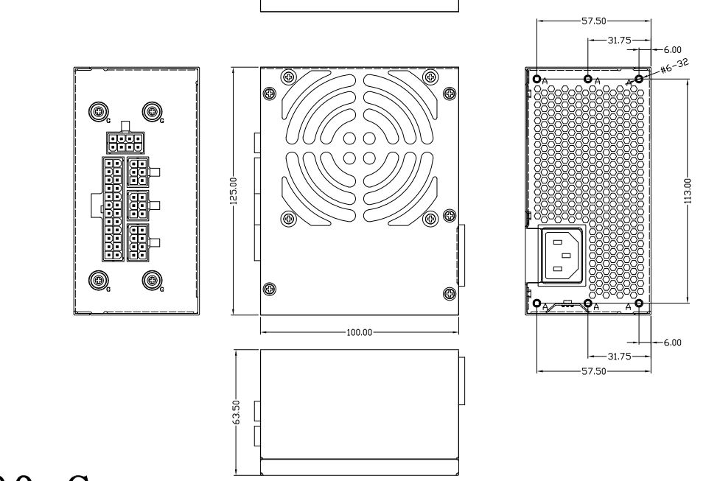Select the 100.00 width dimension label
(x=359, y=332)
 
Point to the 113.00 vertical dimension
(x=687, y=192)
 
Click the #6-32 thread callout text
(x=672, y=69)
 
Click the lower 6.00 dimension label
(x=672, y=343)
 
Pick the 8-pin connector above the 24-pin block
(x=122, y=141)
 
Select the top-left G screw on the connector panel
(x=97, y=111)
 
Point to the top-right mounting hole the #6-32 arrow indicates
(x=638, y=79)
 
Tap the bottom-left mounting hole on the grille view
(x=537, y=303)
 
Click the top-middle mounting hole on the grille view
(x=587, y=79)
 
